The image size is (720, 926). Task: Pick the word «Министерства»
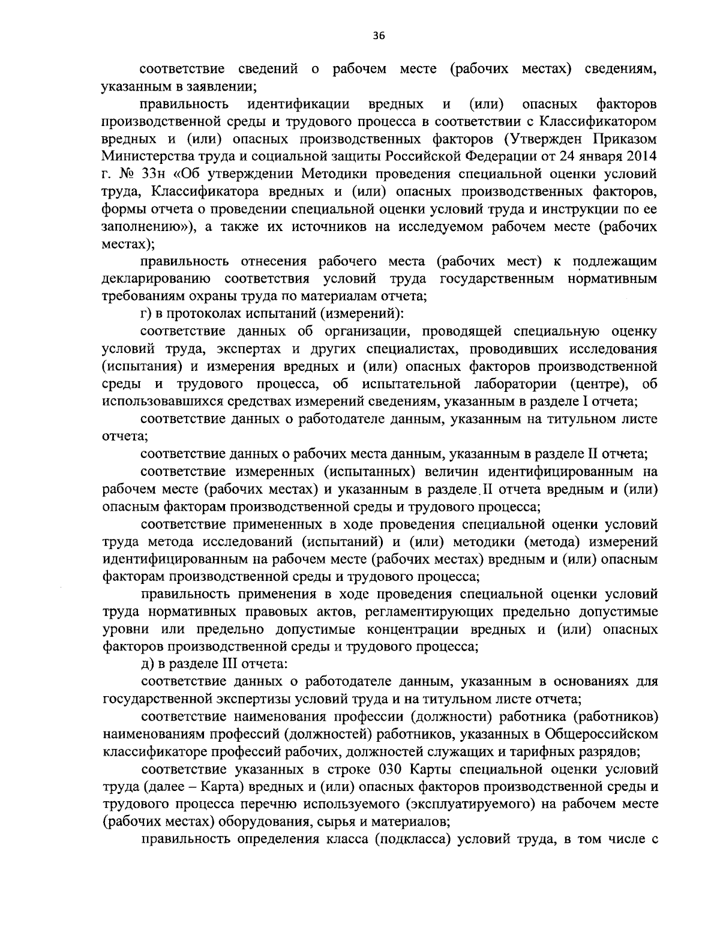(x=145, y=157)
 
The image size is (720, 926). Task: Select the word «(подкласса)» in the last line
(x=413, y=839)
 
